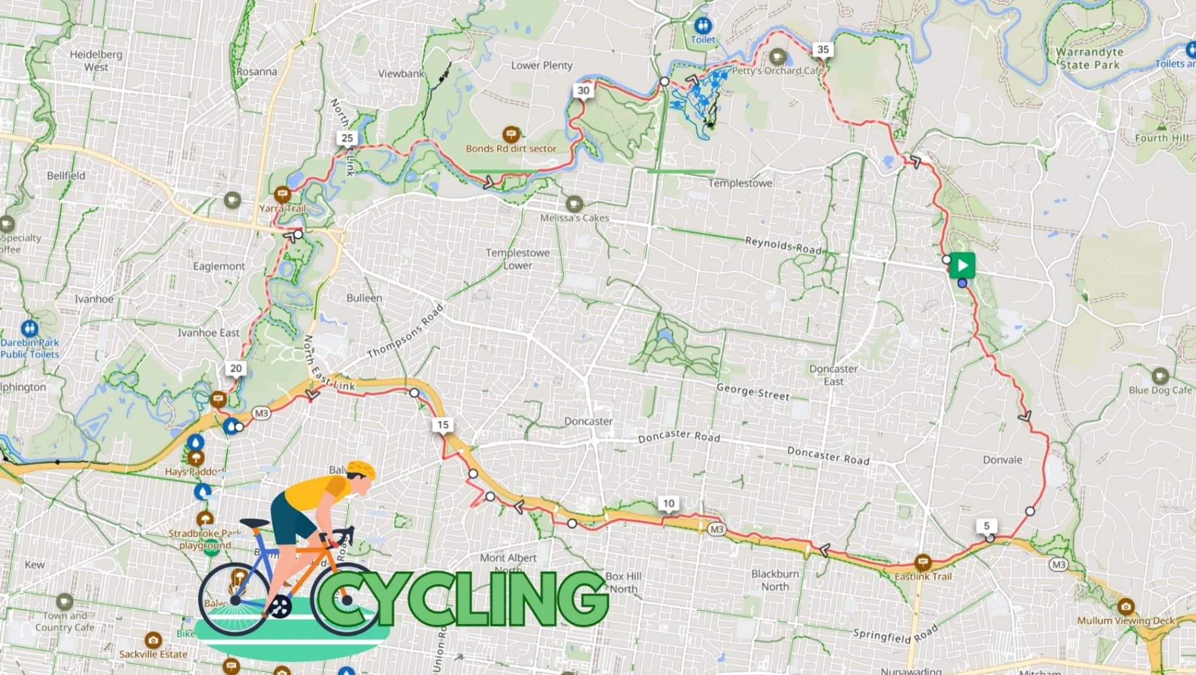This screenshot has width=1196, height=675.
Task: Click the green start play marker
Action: (962, 265)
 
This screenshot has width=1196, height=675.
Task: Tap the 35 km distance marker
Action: (822, 49)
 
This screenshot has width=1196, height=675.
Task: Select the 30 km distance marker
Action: (583, 90)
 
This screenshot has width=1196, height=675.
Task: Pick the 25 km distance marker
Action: (347, 138)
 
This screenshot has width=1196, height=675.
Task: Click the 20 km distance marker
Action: (235, 368)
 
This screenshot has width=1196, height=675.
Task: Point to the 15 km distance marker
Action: (443, 425)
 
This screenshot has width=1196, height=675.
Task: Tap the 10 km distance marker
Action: (668, 503)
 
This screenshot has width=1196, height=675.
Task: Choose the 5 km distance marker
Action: (986, 526)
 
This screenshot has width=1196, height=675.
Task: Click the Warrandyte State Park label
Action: (1089, 58)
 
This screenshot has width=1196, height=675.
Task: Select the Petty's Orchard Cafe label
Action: (777, 70)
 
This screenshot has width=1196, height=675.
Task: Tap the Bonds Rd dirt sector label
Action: (511, 149)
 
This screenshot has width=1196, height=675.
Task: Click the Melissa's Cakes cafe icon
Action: (574, 203)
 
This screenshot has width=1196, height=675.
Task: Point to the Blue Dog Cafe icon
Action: (1160, 376)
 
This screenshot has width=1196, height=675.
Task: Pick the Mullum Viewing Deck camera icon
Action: (1126, 606)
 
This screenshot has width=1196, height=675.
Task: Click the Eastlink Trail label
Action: (923, 577)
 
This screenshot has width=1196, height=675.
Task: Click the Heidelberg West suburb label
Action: (96, 60)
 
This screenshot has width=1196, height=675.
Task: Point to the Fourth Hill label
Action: (1161, 138)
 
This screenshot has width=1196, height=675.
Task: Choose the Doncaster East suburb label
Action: (833, 375)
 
